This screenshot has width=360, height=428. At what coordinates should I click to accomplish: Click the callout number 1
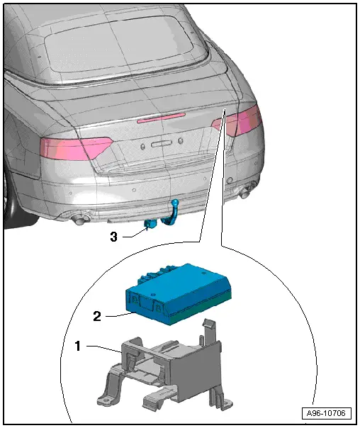tap(78, 346)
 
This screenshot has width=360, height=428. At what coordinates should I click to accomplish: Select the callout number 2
tap(97, 316)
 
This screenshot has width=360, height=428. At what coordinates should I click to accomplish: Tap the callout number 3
tap(113, 237)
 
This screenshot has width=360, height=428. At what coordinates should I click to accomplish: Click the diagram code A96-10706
tap(326, 413)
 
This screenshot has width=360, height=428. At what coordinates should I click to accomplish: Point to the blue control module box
tap(178, 294)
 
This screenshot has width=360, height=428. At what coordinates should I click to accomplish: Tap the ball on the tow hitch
tap(174, 203)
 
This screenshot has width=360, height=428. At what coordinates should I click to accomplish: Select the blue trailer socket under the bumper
tap(150, 224)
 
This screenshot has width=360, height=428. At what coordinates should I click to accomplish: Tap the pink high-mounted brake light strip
tap(162, 118)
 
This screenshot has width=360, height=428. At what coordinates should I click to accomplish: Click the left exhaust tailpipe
tap(79, 220)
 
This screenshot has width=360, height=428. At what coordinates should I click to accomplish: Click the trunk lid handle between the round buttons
tap(161, 143)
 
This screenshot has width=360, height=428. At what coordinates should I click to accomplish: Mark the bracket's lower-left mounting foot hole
tap(106, 401)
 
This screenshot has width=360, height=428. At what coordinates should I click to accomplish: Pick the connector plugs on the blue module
tap(156, 274)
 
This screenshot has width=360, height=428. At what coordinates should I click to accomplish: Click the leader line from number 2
tap(120, 315)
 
